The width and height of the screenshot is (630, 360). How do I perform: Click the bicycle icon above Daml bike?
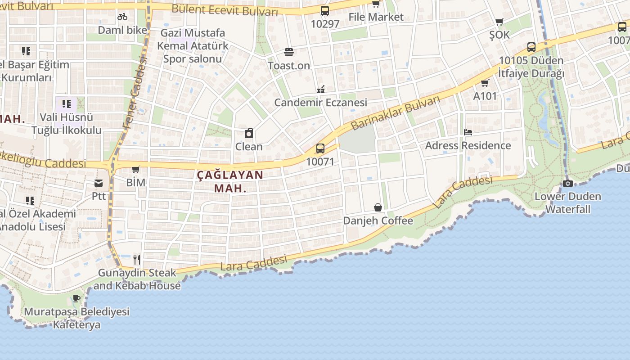point(122,17)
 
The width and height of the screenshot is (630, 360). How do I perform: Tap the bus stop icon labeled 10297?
point(325,11)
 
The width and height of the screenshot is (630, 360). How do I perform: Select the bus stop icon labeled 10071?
point(320,148)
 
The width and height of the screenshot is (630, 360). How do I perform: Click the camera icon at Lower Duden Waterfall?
point(568,183)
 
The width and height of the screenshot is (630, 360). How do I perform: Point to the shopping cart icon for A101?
point(485,83)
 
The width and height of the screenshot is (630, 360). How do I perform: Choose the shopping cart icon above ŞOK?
point(499,22)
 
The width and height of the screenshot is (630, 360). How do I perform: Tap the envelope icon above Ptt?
point(99,183)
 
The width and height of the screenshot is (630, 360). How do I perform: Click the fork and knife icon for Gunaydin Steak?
point(137,259)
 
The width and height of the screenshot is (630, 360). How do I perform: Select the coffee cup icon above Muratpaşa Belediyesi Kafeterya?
point(76,298)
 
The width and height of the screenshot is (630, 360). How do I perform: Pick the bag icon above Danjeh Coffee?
point(378,207)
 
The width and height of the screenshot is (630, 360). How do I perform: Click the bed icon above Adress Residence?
point(468,132)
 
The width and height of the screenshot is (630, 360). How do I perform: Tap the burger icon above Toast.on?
point(289,52)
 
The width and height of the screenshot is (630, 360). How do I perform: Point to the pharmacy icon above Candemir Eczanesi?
point(321,89)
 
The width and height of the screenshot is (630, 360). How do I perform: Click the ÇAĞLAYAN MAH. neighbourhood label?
point(230,181)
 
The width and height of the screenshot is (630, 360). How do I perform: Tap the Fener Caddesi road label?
point(135,92)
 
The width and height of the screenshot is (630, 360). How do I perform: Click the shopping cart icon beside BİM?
point(135,170)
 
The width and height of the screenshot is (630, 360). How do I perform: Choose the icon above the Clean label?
point(249,133)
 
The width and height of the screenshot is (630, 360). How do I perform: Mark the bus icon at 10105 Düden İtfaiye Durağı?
point(531,47)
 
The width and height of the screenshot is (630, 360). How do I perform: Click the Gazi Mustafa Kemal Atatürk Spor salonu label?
point(193,45)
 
